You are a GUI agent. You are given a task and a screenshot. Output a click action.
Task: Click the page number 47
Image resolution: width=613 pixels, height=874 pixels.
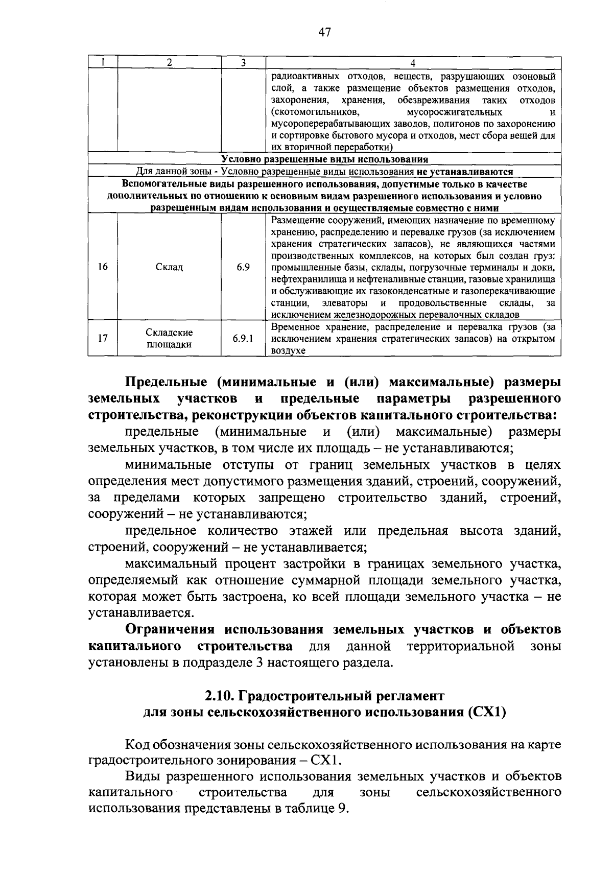pos(324,33)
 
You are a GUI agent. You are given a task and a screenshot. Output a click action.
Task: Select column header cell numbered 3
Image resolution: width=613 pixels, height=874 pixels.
pos(243,63)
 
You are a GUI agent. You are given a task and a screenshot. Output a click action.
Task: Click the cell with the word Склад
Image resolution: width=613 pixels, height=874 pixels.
pos(169,267)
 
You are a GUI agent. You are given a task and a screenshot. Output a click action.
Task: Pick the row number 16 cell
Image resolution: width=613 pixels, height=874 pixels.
pos(103,267)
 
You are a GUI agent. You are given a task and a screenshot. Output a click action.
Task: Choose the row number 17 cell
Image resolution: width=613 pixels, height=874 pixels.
pos(103,338)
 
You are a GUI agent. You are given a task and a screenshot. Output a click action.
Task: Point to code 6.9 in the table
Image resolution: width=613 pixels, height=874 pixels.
pos(243,267)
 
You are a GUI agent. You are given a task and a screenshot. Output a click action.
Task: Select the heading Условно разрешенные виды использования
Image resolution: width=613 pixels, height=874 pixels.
pos(324,159)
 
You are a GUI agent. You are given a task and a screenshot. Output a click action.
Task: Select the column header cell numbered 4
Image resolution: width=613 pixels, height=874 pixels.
pos(413,63)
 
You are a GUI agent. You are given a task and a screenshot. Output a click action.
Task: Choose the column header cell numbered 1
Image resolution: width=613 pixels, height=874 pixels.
pos(103,63)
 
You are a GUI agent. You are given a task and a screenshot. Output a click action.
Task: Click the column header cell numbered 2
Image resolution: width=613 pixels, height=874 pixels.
pos(169,63)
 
